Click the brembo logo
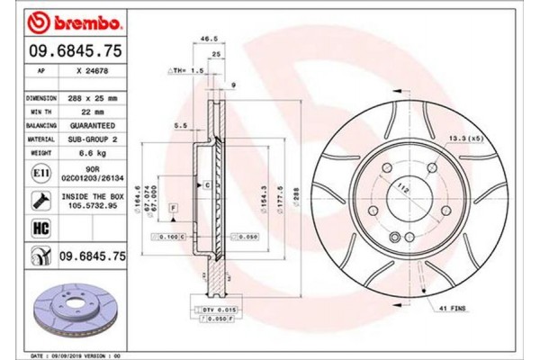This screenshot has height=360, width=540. (66, 19)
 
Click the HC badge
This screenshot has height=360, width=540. (41, 229)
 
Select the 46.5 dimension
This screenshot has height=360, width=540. (210, 39)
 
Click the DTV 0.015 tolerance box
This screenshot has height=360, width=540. (216, 308)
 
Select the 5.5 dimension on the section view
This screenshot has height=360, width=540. (179, 126)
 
